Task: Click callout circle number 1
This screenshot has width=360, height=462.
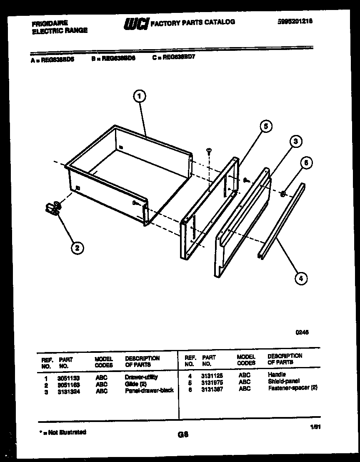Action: click(x=140, y=97)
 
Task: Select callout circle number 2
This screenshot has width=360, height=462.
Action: click(x=77, y=248)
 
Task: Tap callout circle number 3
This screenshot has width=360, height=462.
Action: click(x=295, y=142)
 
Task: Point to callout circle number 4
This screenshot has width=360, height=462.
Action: click(x=301, y=278)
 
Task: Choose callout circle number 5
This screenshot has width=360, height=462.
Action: click(x=266, y=126)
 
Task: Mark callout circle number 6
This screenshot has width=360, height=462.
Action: click(x=306, y=163)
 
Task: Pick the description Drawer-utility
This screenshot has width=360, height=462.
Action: click(x=141, y=377)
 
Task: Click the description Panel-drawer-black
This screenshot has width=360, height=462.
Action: click(x=149, y=391)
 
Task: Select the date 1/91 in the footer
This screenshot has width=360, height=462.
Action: click(x=315, y=427)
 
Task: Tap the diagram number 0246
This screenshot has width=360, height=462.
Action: click(x=302, y=332)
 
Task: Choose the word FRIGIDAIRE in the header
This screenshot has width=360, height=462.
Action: click(x=50, y=23)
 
